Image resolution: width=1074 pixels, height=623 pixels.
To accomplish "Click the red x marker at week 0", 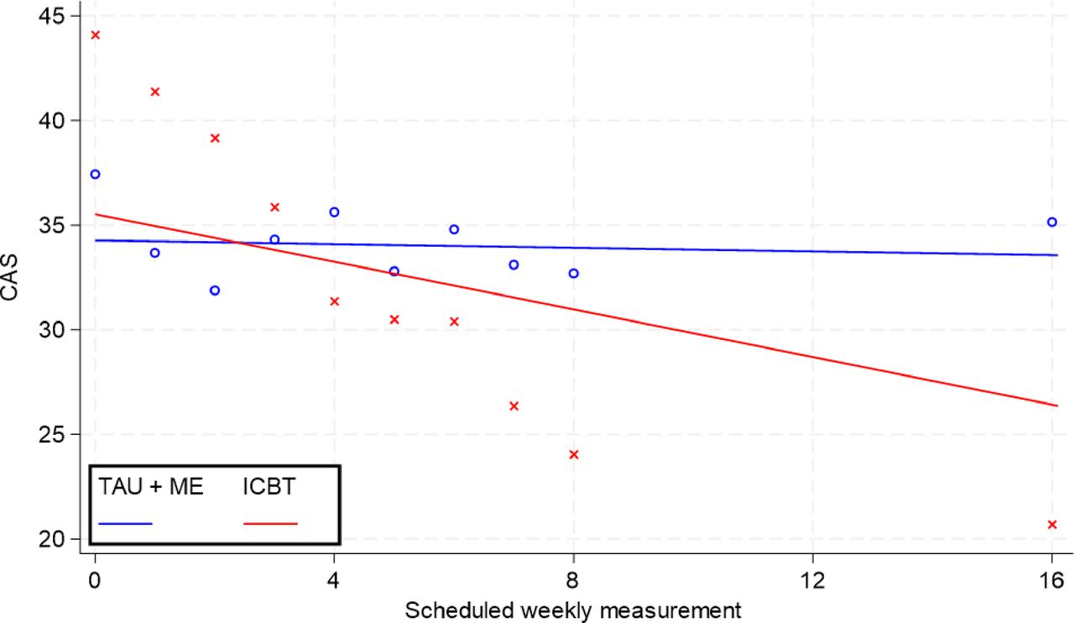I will pos(95,34).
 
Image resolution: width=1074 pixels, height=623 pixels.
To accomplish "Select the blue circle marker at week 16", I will pos(1051,222).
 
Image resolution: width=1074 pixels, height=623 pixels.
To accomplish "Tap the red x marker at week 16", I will pos(1051,524).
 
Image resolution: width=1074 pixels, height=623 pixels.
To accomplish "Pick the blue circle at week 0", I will pos(95,174).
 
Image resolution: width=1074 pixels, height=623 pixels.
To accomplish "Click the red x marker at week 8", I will pos(574,454).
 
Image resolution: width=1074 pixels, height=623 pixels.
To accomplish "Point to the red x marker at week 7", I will pos(514,406).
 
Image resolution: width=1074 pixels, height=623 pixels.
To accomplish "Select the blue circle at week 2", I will pos(215,291).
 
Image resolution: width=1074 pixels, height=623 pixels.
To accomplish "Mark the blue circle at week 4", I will pos(334,212).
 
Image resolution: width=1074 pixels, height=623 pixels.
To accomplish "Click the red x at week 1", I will pos(155,92).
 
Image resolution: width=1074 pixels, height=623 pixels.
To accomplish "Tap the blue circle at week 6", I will pos(454,229).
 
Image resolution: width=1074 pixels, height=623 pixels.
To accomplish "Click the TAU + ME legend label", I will pos(151,488).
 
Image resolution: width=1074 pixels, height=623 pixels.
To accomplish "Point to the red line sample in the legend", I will pos(270,523).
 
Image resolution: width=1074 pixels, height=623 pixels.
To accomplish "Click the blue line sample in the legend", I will pos(125,523).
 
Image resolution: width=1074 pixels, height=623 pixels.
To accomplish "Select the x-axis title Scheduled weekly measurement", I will pos(573,609).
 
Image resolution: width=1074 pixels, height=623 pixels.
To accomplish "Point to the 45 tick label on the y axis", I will pos(56,16).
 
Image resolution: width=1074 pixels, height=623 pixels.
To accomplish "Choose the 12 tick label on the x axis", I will pos(813,579).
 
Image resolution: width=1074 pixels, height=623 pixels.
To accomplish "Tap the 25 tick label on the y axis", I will pos(56,434).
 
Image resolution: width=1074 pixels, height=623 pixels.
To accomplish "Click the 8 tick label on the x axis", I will pos(574,579).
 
